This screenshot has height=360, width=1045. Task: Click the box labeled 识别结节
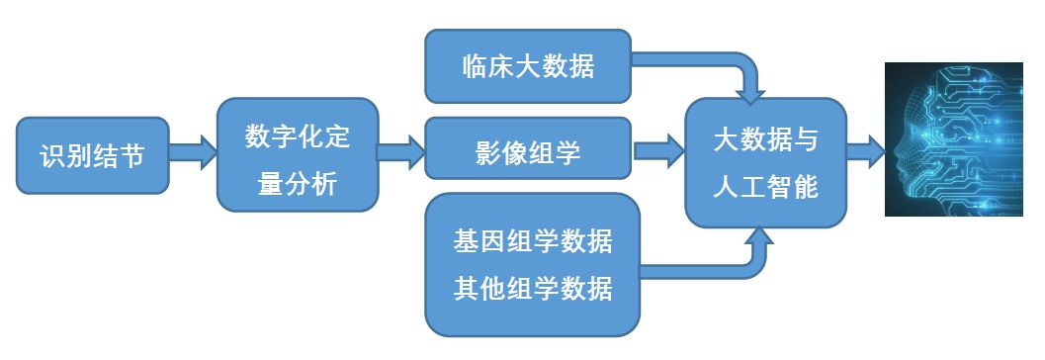point(91,155)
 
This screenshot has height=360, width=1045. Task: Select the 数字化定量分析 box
point(297,154)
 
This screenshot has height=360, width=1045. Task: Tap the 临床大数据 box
point(528,66)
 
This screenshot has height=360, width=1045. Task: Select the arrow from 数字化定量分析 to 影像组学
point(400,154)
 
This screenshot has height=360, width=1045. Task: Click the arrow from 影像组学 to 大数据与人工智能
point(658,151)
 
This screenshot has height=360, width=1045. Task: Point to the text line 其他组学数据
point(533,288)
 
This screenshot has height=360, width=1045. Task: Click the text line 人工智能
point(766,186)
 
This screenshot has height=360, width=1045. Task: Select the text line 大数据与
point(766,140)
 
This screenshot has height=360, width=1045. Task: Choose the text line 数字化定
point(297,136)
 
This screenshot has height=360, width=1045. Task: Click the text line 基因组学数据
point(533,240)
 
